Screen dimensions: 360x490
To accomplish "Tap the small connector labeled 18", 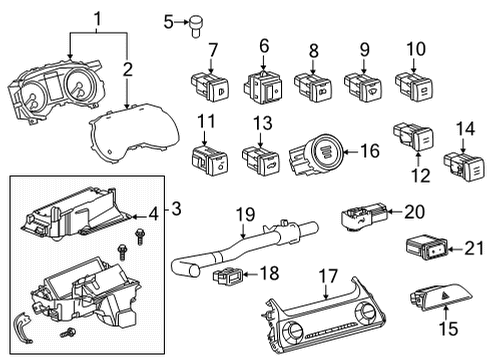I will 227,275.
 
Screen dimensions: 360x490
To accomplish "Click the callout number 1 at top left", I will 98,18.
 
